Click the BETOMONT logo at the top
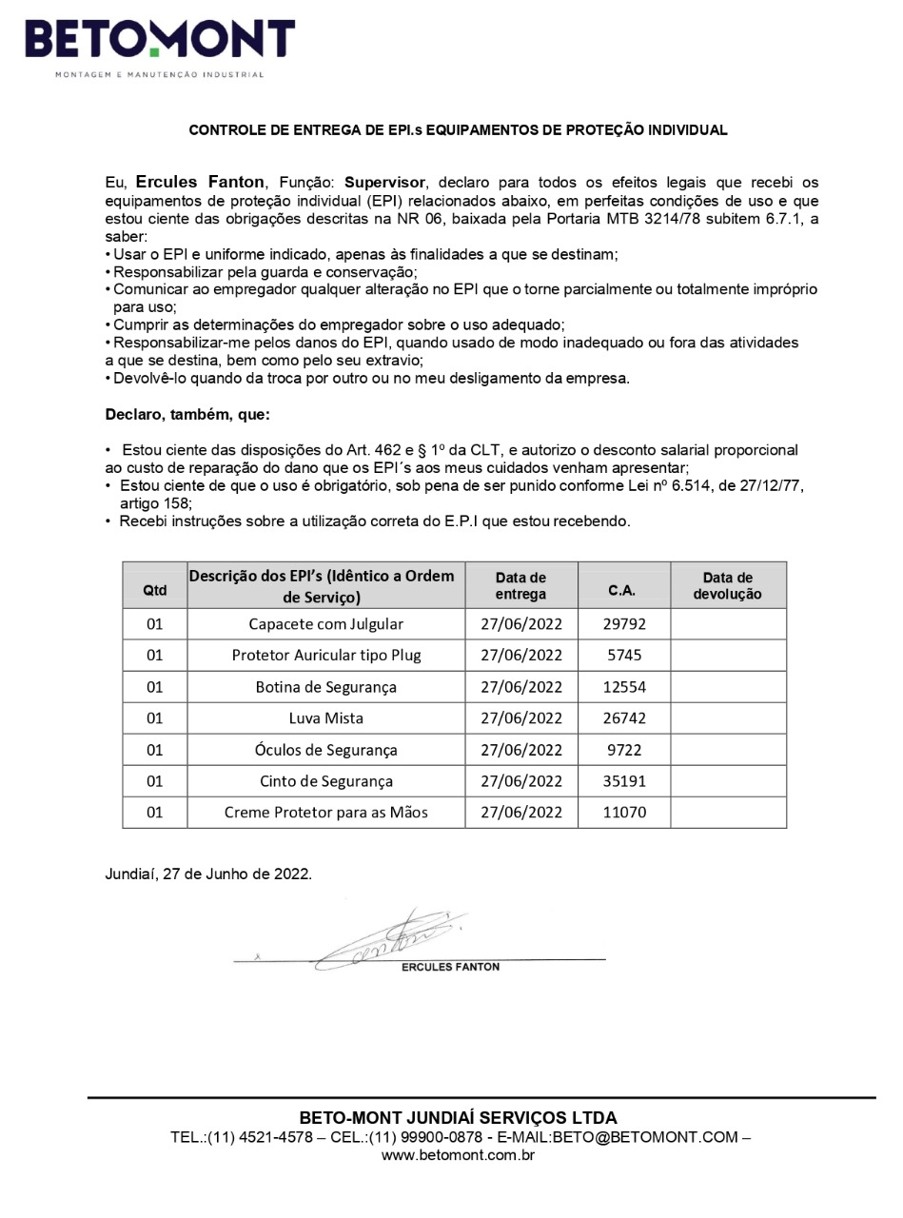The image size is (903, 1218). (160, 43)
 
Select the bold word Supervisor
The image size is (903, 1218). (385, 182)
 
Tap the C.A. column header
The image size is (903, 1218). (622, 591)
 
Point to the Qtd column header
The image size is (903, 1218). (154, 591)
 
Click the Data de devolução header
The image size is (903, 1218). (728, 585)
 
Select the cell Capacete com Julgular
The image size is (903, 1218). (325, 624)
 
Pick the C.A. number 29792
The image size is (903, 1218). (624, 624)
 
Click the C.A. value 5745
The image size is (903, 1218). (624, 656)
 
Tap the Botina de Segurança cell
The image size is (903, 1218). (325, 687)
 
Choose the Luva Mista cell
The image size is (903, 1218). (325, 718)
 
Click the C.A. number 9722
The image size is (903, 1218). (624, 750)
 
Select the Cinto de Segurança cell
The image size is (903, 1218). (325, 781)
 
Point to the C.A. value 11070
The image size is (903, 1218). (624, 813)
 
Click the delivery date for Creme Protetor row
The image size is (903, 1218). (521, 813)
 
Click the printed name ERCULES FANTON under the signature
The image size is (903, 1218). (450, 967)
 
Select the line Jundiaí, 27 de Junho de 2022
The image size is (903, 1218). (208, 874)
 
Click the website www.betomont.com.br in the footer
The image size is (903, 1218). (458, 1155)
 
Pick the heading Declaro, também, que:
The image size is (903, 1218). (187, 414)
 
